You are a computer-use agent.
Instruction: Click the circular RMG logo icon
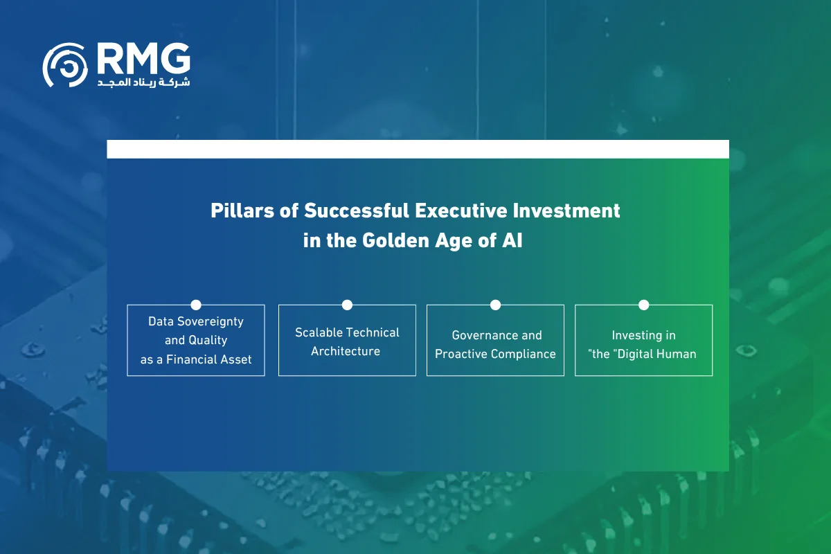tap(65, 65)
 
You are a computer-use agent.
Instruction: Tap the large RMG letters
tap(144, 58)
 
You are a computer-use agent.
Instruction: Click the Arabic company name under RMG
tap(143, 82)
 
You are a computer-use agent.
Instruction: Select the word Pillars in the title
tap(242, 211)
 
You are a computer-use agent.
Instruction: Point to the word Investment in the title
tap(566, 211)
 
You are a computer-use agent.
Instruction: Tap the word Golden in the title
tap(396, 240)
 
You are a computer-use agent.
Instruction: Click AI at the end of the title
tap(512, 240)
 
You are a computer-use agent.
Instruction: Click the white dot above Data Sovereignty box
tap(196, 305)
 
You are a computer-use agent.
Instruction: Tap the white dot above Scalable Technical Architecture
tap(347, 305)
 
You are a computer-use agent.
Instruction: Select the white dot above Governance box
tap(496, 305)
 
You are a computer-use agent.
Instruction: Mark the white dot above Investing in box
tap(644, 305)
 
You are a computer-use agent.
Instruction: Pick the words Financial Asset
tap(209, 359)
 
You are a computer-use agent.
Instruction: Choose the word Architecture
tap(346, 351)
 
